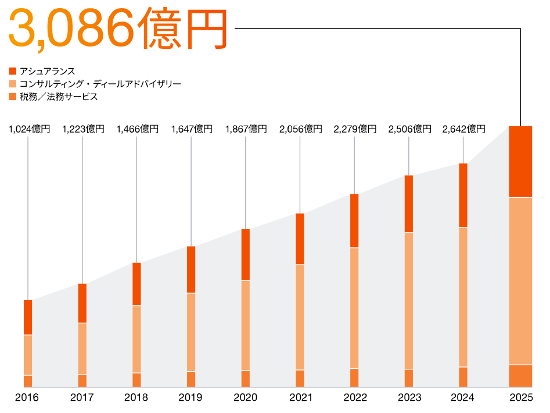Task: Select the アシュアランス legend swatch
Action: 13,71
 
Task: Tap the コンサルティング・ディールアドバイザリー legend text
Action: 100,84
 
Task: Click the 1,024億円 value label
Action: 29,129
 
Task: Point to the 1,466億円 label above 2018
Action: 137,129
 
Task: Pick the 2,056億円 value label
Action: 300,129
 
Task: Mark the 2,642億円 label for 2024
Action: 463,129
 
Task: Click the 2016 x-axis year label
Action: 27,398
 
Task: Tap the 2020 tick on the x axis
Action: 245,398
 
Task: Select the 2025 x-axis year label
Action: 520,398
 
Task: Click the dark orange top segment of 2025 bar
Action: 520,162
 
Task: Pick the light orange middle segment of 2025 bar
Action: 520,281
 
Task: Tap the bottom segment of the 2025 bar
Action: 520,376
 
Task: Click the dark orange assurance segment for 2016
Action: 28,318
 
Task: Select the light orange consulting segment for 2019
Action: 191,332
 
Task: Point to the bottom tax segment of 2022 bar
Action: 354,378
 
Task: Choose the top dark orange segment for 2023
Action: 409,204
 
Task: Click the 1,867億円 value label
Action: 246,129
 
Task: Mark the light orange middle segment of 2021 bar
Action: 300,317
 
